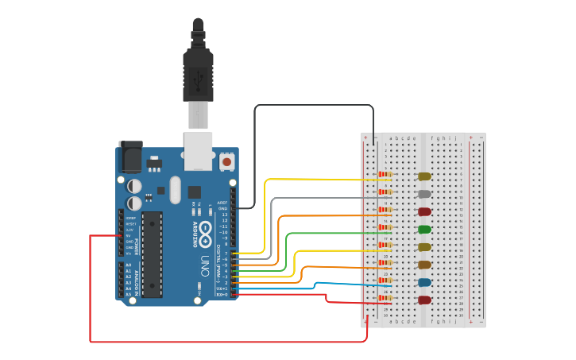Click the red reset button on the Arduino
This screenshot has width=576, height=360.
[226, 161]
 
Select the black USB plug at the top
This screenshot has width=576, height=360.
[198, 68]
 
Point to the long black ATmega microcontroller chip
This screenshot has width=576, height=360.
[152, 254]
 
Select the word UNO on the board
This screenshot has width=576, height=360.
[205, 262]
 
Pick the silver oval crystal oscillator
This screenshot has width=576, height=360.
[195, 192]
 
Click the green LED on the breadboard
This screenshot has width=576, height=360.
[425, 230]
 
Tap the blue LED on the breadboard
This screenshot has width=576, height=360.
[424, 282]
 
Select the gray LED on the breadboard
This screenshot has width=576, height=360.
[424, 194]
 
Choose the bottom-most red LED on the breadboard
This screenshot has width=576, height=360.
[424, 300]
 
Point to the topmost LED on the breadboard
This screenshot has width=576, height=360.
[424, 176]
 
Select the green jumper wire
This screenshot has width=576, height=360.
[287, 250]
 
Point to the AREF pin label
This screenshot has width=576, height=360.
[222, 202]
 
